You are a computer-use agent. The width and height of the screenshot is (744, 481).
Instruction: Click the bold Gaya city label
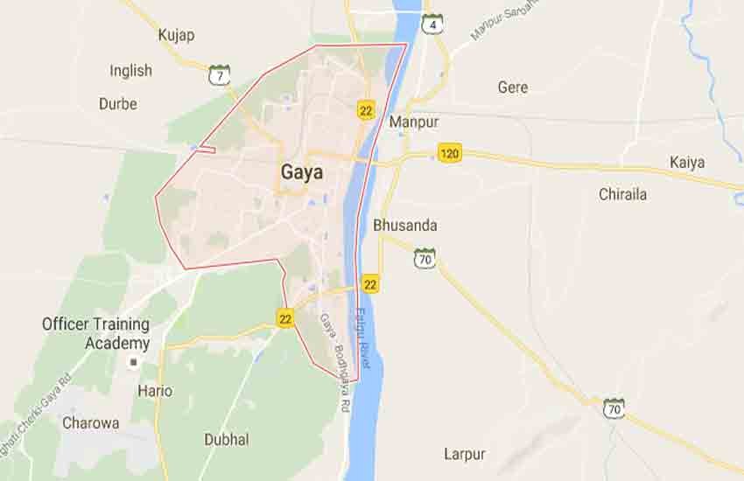point(301,172)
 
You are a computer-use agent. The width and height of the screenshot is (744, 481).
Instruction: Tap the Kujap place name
point(176,35)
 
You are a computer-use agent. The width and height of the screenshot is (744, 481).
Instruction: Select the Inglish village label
point(130,71)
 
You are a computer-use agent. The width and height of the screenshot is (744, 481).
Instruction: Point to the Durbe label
point(117,103)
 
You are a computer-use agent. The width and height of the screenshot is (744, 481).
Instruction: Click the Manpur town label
point(414,122)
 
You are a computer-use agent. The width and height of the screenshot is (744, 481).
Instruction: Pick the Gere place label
point(513,87)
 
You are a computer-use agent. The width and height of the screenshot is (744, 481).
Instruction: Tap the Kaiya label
point(687,162)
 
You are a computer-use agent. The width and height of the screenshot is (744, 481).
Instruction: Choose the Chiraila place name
point(622,194)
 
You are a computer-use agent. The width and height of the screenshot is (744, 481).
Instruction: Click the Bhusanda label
point(404,225)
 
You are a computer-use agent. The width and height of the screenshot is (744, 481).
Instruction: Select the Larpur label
point(464,454)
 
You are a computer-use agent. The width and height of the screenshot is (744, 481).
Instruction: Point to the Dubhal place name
point(226,439)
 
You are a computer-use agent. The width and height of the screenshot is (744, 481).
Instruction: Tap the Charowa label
point(90,423)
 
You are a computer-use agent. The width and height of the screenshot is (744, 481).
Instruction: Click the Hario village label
point(155,391)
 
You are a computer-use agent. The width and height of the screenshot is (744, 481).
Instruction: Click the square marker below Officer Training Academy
point(134,361)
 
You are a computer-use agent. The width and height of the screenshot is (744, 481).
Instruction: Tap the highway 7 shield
point(219,74)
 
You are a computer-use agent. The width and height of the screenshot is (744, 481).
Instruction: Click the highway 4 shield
point(432,24)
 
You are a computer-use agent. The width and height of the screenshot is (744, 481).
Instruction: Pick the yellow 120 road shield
point(450,154)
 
